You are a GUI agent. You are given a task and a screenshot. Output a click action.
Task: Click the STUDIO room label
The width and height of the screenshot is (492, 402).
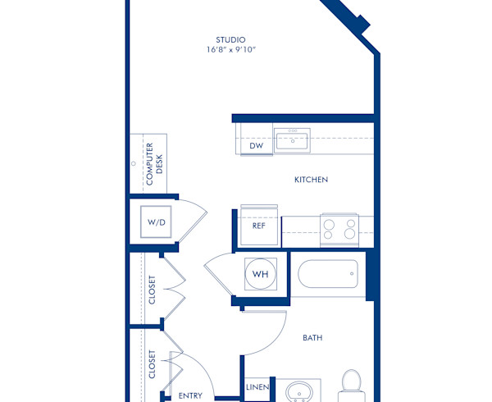(230, 39)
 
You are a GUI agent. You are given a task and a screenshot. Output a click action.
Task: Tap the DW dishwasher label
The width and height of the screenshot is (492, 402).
(256, 146)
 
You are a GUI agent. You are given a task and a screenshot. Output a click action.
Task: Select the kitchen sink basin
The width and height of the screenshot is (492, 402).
(291, 140)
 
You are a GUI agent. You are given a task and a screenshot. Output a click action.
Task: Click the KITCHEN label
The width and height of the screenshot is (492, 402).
(311, 180)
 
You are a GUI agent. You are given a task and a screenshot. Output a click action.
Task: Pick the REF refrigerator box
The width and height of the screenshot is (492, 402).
(258, 226)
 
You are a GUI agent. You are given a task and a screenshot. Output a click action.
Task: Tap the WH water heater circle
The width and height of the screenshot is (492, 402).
(261, 274)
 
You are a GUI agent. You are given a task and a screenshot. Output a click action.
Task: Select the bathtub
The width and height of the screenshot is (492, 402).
(328, 274)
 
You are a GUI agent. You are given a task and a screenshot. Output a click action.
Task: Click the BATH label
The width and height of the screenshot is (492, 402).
(312, 337)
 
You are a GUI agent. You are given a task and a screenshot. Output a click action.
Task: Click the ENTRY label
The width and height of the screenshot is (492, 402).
(190, 395)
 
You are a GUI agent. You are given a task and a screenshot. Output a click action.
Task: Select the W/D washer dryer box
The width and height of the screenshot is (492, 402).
(155, 222)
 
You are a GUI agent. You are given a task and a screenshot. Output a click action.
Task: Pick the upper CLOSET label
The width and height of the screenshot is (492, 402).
(153, 290)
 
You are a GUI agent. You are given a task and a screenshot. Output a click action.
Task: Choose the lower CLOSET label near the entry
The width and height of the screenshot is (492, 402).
(153, 364)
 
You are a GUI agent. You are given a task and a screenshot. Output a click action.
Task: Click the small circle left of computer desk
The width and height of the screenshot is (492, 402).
(134, 163)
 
